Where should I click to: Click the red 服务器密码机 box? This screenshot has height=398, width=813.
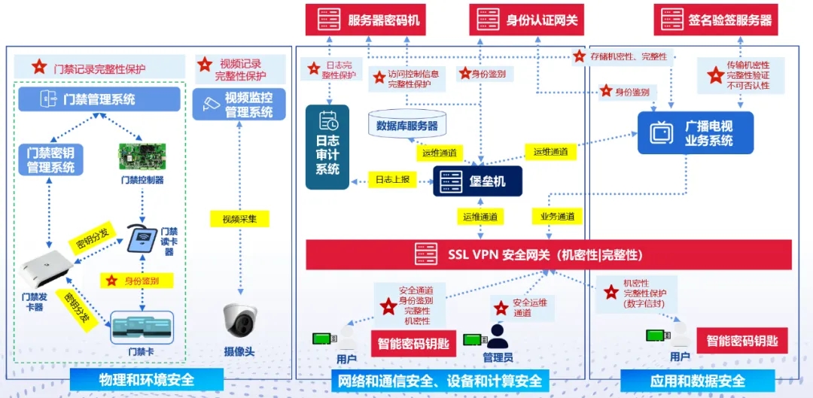(363, 20)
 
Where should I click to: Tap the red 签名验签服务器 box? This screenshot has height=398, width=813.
(716, 20)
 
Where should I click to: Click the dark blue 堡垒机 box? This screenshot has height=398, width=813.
(477, 181)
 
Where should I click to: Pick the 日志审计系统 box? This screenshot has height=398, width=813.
(327, 147)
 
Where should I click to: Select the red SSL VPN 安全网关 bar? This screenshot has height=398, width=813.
(548, 254)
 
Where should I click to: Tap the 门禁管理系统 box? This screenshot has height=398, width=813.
(99, 99)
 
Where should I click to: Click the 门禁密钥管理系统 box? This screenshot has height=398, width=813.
(50, 160)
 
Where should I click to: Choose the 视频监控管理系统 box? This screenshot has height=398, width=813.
(240, 104)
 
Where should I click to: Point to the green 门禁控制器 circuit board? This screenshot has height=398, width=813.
(142, 156)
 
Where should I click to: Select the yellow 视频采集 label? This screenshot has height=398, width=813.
(239, 219)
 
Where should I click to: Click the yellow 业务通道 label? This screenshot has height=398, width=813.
(557, 217)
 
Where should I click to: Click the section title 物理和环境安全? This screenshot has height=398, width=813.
(146, 381)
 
